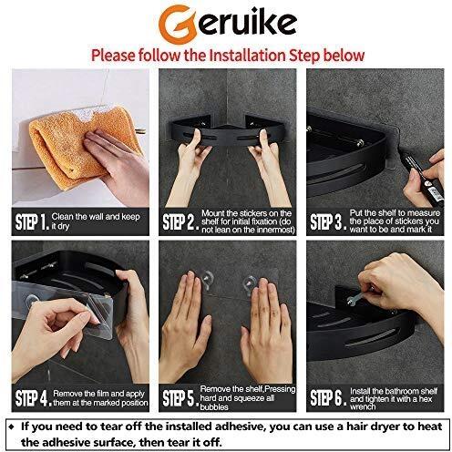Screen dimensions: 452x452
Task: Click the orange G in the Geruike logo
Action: (x=176, y=24)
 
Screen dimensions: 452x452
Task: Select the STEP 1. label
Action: (x=32, y=222)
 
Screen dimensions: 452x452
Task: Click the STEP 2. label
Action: (x=180, y=222)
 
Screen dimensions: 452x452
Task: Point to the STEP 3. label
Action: (x=328, y=222)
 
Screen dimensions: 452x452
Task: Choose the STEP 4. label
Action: (x=33, y=398)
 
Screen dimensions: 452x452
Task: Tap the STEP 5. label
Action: (x=180, y=398)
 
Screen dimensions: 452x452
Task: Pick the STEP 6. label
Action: (x=328, y=398)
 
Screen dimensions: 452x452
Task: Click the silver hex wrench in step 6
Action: (x=358, y=297)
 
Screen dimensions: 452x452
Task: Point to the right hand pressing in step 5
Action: (x=267, y=330)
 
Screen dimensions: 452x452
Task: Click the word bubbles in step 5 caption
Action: (x=214, y=407)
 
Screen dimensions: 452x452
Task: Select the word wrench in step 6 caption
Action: (x=363, y=406)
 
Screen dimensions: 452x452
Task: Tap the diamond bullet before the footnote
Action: (x=12, y=426)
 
